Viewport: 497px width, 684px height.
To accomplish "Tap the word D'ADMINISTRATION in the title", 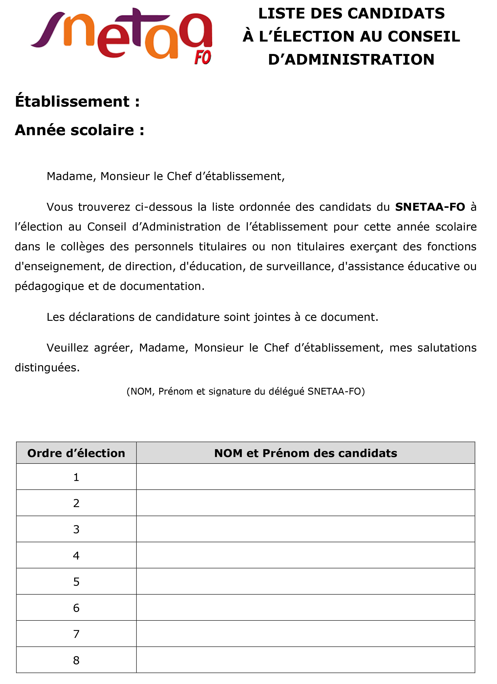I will click(351, 59).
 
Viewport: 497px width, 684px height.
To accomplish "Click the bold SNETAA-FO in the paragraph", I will click(430, 207).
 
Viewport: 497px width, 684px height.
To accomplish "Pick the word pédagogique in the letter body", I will click(49, 286).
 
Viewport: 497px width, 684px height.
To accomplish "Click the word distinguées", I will click(47, 368).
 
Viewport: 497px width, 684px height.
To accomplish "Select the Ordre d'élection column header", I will click(76, 453).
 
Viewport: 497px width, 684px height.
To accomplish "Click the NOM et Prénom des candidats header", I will click(306, 453).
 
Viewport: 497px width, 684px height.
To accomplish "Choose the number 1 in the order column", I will click(76, 477).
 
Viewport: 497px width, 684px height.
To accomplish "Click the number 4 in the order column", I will click(76, 556).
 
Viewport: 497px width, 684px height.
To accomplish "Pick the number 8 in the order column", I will click(76, 660).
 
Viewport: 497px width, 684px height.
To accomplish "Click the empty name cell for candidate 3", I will click(306, 529).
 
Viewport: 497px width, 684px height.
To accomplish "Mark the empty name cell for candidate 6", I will click(306, 608).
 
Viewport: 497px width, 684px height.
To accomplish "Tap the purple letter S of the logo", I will click(48, 30).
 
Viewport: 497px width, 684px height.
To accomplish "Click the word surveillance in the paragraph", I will click(292, 267).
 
